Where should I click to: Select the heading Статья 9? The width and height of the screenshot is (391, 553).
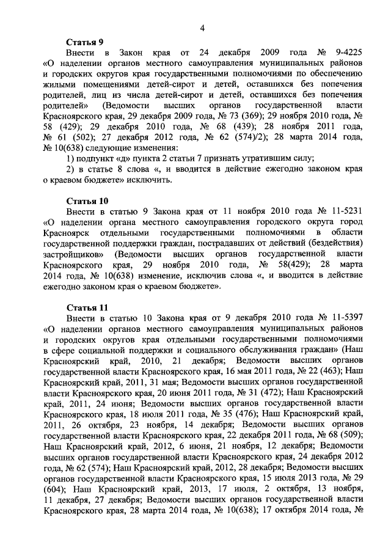[x=82, y=42]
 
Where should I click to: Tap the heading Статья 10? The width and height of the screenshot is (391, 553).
[x=85, y=200]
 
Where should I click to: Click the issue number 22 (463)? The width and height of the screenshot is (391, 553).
[x=321, y=370]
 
